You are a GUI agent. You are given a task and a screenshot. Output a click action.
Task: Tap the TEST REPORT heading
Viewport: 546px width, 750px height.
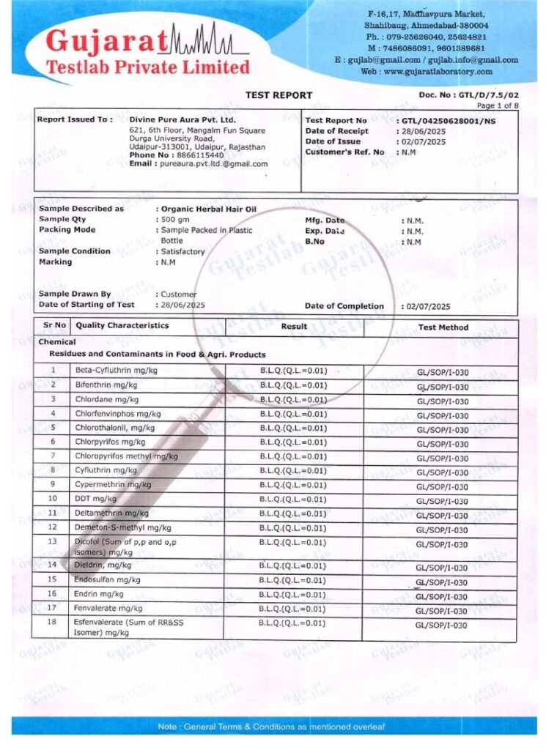(278, 95)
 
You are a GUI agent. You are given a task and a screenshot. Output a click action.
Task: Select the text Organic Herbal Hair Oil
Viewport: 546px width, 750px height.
(208, 209)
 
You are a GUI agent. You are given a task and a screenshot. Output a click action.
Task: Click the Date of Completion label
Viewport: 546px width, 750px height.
(344, 306)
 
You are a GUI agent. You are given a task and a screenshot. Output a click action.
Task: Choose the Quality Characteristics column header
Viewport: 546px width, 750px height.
(122, 326)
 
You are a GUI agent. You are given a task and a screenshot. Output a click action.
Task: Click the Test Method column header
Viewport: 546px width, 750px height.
(443, 327)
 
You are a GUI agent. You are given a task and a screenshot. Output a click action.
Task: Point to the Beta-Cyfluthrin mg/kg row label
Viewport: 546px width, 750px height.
(116, 371)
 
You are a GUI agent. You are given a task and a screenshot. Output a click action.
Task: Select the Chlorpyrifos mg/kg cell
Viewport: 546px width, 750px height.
(109, 442)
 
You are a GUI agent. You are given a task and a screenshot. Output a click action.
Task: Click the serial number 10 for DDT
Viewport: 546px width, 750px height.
(53, 498)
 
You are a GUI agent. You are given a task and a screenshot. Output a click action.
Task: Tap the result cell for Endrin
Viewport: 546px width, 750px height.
(292, 594)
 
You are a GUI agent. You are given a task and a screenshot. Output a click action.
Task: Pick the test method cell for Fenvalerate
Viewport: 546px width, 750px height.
(441, 611)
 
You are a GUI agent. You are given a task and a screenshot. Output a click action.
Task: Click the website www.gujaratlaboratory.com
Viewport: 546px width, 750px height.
(438, 72)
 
